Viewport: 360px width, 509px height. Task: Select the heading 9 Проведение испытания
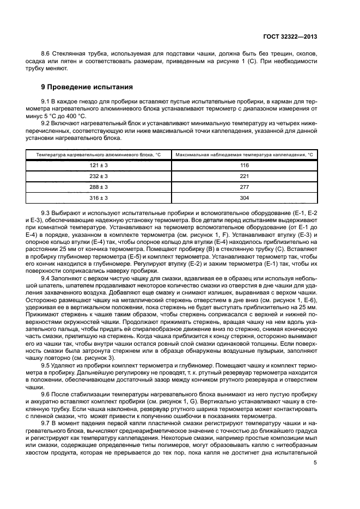click(x=84, y=87)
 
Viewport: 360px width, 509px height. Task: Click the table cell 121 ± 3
click(x=99, y=165)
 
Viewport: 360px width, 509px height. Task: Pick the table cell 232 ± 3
click(x=99, y=176)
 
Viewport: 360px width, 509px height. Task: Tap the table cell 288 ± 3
click(x=99, y=187)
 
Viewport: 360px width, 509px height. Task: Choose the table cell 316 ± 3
click(x=99, y=198)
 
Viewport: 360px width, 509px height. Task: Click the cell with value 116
click(x=244, y=165)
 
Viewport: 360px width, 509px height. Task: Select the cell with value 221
click(x=244, y=176)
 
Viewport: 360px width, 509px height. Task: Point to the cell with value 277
click(x=244, y=187)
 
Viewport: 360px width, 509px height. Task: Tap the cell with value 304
click(x=244, y=198)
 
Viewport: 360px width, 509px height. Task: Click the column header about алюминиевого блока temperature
click(x=99, y=155)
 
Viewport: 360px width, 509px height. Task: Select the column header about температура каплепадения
click(x=244, y=155)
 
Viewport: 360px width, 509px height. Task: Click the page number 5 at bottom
click(x=315, y=463)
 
